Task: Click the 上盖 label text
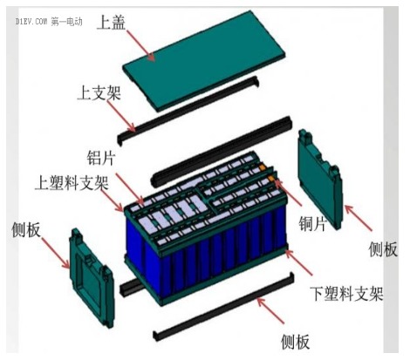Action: (x=111, y=23)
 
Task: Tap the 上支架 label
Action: (x=99, y=93)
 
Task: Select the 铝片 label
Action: (x=101, y=158)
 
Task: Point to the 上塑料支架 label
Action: (x=72, y=183)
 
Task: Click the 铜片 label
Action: (x=313, y=224)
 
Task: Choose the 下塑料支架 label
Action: (x=346, y=294)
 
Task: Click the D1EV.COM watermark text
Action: (x=31, y=22)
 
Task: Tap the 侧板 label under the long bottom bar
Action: (x=295, y=342)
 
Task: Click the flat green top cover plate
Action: (x=203, y=61)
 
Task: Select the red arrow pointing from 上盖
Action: (x=140, y=44)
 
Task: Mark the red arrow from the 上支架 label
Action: (x=122, y=116)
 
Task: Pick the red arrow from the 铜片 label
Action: (x=288, y=193)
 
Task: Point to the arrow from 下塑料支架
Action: (x=298, y=262)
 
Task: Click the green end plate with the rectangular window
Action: (x=92, y=278)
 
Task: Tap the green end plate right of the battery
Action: (x=320, y=180)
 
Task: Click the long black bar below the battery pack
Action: (x=224, y=306)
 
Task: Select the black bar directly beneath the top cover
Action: (x=188, y=110)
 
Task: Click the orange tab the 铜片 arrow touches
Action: (x=272, y=178)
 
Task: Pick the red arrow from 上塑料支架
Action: (x=112, y=200)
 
